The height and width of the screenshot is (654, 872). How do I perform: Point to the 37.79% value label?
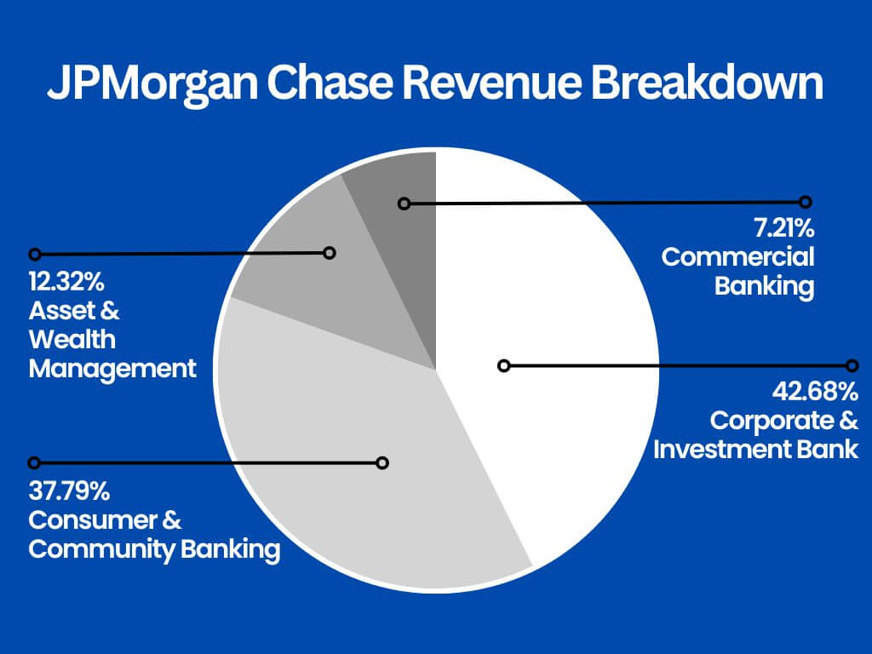click(x=67, y=491)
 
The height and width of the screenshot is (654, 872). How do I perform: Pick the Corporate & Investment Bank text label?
click(x=756, y=434)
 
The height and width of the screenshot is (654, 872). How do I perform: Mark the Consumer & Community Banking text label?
click(x=153, y=535)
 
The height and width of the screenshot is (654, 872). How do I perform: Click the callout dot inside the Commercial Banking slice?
click(x=404, y=204)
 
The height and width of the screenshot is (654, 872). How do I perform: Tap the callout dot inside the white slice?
click(x=503, y=365)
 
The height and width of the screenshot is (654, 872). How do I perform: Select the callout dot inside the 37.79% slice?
click(x=382, y=462)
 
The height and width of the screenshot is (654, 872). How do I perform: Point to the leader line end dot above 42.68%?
click(x=852, y=365)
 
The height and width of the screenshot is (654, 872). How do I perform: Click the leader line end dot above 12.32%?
click(x=34, y=254)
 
